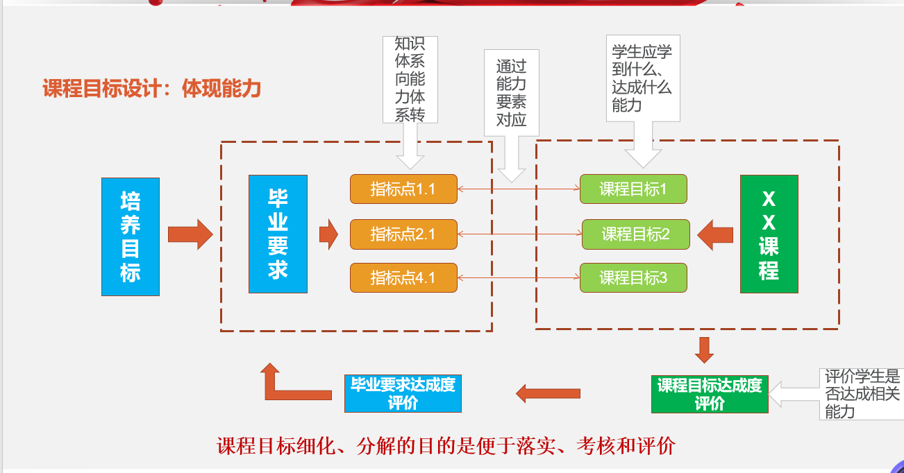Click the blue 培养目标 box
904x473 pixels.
pos(131,237)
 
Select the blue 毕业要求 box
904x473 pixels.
pos(278,234)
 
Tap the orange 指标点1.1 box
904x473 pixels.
pos(403,189)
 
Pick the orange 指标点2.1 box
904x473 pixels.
pos(403,234)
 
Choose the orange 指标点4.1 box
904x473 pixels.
pos(403,278)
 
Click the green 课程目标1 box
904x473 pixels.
pos(633,189)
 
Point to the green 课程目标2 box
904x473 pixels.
pos(635,234)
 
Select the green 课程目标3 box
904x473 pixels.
pos(633,278)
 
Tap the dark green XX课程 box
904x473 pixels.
pos(769,234)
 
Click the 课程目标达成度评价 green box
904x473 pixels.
pos(710,394)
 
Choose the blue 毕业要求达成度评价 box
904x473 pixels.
pos(403,393)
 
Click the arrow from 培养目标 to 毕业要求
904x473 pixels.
pos(190,234)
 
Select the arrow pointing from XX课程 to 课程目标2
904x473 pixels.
pos(715,235)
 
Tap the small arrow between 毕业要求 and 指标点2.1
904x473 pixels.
pos(328,234)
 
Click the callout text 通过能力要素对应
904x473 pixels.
pos(511,93)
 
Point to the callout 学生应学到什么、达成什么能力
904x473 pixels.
pos(642,78)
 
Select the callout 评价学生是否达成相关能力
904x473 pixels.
pos(862,394)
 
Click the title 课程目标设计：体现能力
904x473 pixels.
pos(152,88)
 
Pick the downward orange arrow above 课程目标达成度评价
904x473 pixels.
pos(704,350)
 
